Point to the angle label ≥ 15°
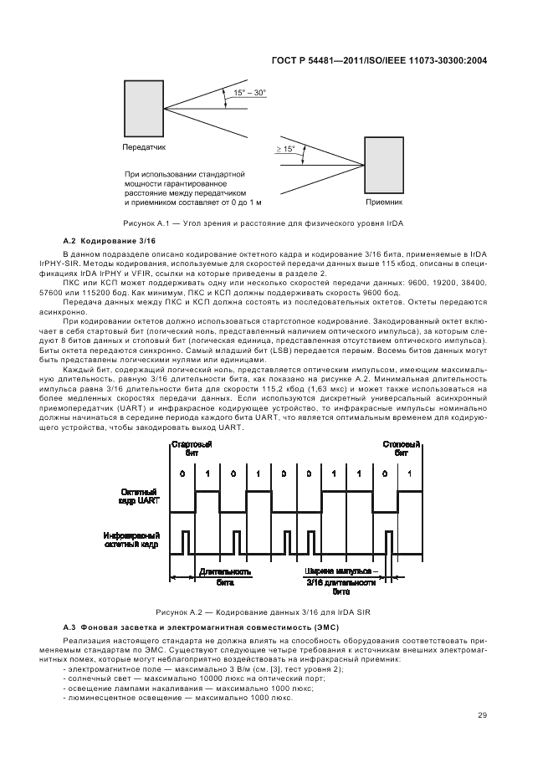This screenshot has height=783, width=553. pyautogui.click(x=285, y=149)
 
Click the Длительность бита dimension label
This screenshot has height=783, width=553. pyautogui.click(x=225, y=576)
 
